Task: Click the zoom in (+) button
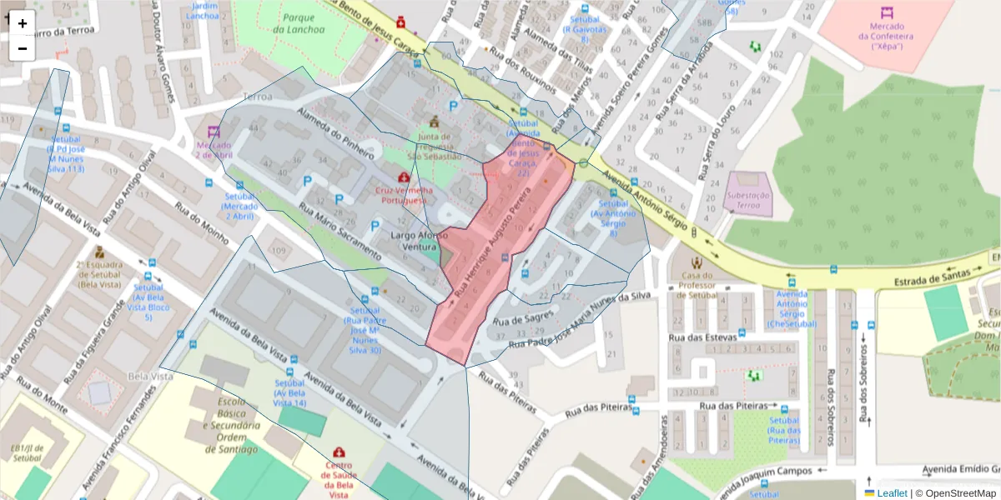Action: pos(23,23)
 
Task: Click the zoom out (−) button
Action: pos(23,48)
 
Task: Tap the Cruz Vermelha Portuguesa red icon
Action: pos(405,177)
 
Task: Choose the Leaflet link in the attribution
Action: pos(892,493)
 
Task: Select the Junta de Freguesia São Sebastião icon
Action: pos(434,122)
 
